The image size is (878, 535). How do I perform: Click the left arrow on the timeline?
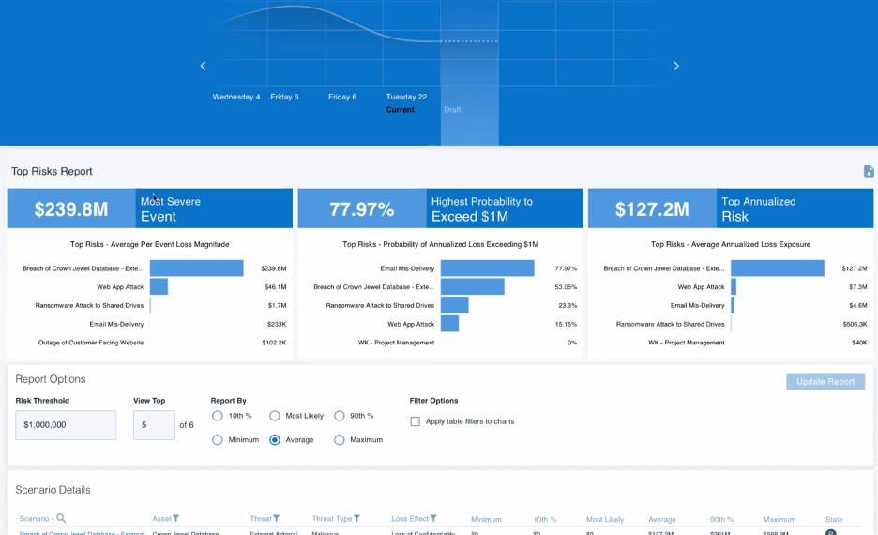[203, 66]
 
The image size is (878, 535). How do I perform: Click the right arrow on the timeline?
[676, 66]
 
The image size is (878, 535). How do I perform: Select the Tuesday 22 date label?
[406, 97]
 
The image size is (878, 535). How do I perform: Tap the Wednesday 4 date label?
[236, 97]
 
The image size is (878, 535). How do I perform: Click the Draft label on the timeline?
[452, 110]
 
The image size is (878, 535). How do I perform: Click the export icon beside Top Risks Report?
[869, 172]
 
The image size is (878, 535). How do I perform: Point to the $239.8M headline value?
[71, 209]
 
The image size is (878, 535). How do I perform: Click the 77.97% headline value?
[361, 209]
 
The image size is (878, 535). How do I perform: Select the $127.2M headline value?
[652, 209]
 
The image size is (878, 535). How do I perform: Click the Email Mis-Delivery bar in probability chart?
[487, 268]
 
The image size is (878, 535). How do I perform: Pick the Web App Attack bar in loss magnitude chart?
[159, 286]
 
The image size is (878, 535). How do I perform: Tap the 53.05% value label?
[565, 287]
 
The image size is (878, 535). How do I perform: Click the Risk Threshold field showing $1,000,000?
[66, 425]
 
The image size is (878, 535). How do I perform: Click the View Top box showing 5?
[154, 425]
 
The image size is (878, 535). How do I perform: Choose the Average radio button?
[275, 439]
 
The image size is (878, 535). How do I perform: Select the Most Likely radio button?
[275, 416]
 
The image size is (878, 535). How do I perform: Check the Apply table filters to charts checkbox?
[416, 421]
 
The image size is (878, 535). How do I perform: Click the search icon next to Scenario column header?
[61, 518]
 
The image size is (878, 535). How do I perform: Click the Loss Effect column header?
[411, 518]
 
